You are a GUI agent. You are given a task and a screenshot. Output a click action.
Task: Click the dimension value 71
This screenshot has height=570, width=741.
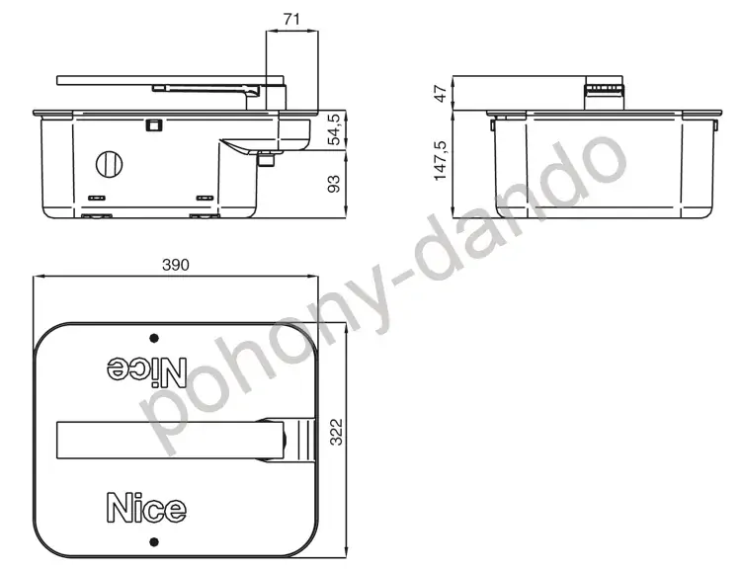291,20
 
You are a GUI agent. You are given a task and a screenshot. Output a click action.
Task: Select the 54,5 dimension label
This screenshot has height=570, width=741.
334,129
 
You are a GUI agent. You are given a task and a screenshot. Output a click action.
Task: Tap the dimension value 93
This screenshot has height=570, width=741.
334,184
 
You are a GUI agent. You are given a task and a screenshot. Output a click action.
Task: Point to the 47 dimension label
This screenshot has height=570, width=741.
440,94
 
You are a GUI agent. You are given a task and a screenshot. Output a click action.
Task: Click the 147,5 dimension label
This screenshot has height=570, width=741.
440,160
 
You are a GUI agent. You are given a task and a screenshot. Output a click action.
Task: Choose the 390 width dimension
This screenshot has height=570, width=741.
175,265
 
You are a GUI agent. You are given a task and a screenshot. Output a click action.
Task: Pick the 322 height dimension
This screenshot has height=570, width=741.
336,432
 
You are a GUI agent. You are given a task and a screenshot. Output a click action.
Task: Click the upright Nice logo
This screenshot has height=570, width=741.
146,508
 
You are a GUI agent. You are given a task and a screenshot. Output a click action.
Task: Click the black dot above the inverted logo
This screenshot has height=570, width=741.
154,338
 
